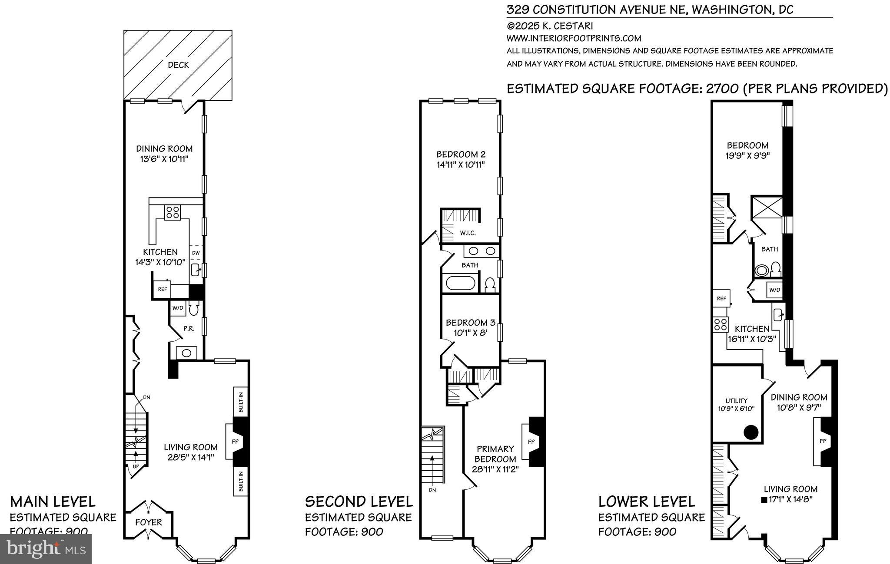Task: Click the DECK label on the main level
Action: point(178,65)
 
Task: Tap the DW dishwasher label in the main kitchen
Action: point(196,253)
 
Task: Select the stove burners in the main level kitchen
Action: point(172,212)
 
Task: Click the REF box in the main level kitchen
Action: point(162,289)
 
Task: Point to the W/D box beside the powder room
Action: point(178,308)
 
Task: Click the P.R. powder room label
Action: point(189,329)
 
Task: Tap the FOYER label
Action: point(149,522)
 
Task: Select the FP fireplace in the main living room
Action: point(235,442)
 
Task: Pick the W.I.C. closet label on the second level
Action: point(468,233)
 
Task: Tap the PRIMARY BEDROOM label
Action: point(495,454)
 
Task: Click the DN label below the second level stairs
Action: point(432,490)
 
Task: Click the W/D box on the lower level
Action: point(774,290)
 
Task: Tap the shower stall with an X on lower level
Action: point(767,210)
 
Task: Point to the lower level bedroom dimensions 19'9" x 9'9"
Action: point(748,156)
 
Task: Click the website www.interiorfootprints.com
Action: point(574,38)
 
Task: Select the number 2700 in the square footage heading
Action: point(721,89)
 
